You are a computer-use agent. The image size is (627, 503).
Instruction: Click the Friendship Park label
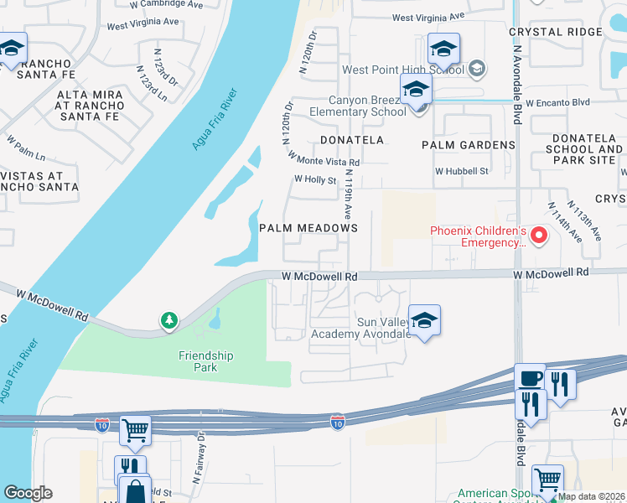(205, 361)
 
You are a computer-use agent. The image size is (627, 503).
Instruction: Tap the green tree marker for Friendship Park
(169, 320)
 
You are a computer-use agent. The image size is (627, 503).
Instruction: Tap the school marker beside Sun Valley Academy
(425, 320)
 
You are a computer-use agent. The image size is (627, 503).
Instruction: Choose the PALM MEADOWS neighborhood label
(308, 228)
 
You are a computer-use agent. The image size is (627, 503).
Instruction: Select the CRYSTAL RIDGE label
(555, 32)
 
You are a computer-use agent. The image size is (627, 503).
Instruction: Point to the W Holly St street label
(315, 179)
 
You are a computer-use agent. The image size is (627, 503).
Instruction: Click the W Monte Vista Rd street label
(324, 158)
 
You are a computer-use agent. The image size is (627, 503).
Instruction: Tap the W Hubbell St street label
(461, 171)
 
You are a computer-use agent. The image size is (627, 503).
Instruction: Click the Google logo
(28, 493)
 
